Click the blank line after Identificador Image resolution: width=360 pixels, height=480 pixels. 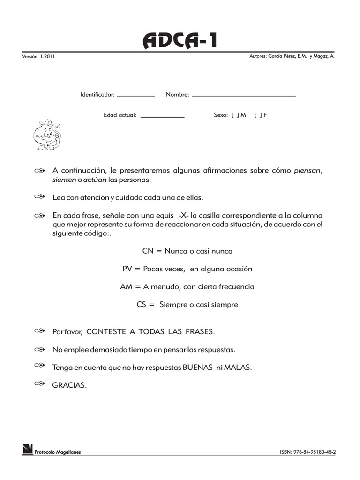tap(135, 96)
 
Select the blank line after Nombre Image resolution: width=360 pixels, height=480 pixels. tap(244, 96)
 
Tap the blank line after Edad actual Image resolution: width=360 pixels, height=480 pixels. tap(162, 116)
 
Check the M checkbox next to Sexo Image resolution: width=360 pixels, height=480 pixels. tap(235, 114)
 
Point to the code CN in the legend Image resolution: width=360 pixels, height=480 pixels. tap(148, 251)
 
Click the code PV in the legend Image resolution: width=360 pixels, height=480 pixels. tap(127, 269)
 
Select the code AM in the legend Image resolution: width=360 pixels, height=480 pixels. tap(126, 286)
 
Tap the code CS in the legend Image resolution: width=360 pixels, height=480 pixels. tap(142, 304)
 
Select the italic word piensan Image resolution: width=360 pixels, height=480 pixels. tap(308, 171)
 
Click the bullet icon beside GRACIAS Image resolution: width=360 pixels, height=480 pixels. tap(39, 384)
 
